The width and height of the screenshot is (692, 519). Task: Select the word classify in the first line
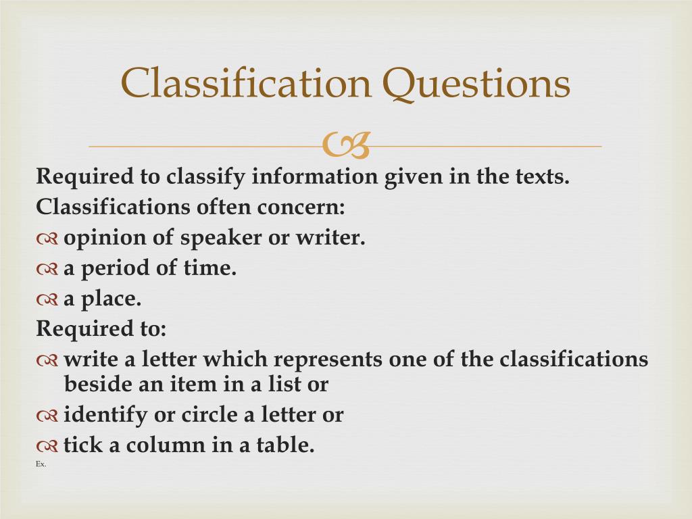(x=207, y=177)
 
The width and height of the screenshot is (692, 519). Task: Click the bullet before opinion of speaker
(x=47, y=239)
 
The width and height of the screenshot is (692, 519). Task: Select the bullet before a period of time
(x=47, y=269)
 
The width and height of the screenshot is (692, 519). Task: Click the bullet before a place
(x=47, y=299)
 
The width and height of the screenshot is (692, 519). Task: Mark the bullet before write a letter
(x=47, y=360)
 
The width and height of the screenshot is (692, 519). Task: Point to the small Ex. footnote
(x=41, y=464)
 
